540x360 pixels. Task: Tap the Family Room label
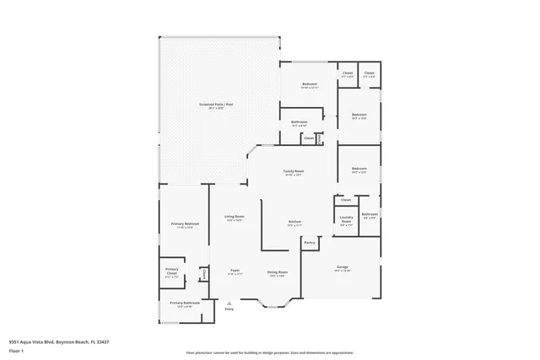coord(294,172)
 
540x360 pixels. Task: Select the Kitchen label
coord(294,223)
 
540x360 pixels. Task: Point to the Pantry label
coord(310,243)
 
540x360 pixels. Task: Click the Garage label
coord(342,268)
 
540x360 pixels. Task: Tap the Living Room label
coord(234,218)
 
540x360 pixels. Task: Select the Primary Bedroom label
coord(183,224)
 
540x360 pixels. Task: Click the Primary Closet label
coord(171,273)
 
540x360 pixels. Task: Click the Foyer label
coord(235,271)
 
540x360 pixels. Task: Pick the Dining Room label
coord(278,273)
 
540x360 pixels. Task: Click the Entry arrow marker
coord(229,303)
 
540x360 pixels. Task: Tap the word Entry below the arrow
coord(229,309)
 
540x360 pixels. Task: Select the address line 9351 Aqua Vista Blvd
coord(58,341)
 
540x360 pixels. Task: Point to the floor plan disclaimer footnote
coord(270,352)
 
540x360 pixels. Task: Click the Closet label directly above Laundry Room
coord(346,201)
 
